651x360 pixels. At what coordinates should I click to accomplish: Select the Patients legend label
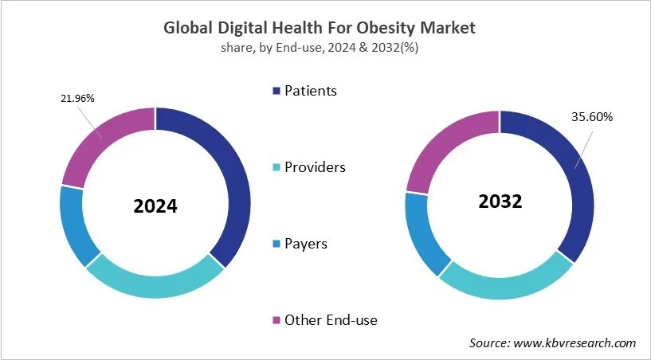tap(311, 91)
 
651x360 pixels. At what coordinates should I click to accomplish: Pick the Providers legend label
tap(316, 167)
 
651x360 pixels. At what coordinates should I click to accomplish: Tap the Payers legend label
tap(306, 244)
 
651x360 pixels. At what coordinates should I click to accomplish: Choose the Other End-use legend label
tap(331, 320)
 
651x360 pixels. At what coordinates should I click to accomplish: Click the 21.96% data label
tap(77, 98)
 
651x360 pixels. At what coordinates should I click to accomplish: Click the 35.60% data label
tap(591, 117)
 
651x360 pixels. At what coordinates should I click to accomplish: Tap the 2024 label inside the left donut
tap(155, 206)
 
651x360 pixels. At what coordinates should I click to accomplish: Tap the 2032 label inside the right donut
tap(500, 202)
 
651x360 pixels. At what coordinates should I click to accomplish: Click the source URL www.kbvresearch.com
tap(575, 343)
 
